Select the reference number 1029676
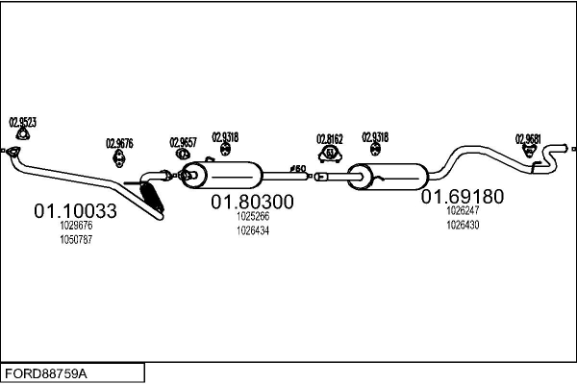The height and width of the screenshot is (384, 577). pyautogui.click(x=76, y=227)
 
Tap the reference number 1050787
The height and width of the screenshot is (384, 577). pyautogui.click(x=76, y=239)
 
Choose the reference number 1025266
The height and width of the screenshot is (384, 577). pyautogui.click(x=253, y=217)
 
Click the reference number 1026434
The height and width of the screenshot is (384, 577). pyautogui.click(x=253, y=230)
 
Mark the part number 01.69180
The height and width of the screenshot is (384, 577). pyautogui.click(x=462, y=196)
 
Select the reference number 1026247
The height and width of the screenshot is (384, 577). pyautogui.click(x=463, y=210)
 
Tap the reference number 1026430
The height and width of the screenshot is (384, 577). pyautogui.click(x=463, y=224)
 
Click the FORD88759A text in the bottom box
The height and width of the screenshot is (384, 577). pyautogui.click(x=46, y=372)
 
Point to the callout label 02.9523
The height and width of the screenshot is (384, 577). pyautogui.click(x=23, y=122)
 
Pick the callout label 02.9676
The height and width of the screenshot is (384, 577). pyautogui.click(x=119, y=143)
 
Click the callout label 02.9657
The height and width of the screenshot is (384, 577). pyautogui.click(x=184, y=142)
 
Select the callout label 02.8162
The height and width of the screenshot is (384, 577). pyautogui.click(x=331, y=138)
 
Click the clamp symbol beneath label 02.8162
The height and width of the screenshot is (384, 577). pyautogui.click(x=331, y=154)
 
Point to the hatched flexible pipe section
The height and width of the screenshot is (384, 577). pyautogui.click(x=153, y=196)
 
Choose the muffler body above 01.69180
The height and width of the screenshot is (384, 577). pyautogui.click(x=394, y=177)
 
